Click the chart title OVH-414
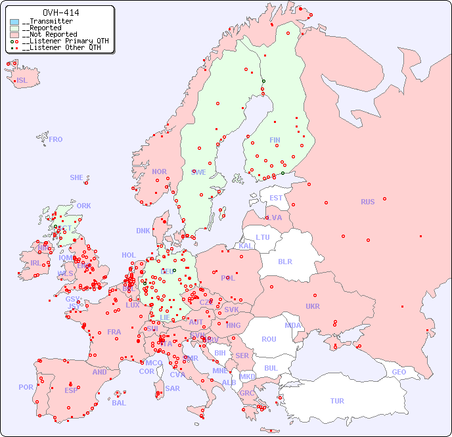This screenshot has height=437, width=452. (60, 12)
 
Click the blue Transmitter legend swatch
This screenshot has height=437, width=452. (14, 22)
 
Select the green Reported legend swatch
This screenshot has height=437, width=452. (14, 28)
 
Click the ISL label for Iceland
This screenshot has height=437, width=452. (22, 81)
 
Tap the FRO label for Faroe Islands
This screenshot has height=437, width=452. (56, 139)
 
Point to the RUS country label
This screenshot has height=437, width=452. (367, 202)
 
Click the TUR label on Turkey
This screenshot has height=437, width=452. (337, 401)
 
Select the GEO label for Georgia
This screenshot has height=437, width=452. (399, 372)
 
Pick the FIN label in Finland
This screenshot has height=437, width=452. (275, 140)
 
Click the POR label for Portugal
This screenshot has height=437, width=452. (26, 387)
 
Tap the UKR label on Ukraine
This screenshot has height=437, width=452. (312, 306)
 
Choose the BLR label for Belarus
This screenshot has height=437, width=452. (284, 261)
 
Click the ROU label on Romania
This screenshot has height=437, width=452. (269, 339)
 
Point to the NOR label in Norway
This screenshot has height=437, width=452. (159, 172)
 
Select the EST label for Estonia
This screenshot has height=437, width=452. (276, 198)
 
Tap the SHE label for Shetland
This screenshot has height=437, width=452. (77, 177)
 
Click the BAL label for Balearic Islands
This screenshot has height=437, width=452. (119, 403)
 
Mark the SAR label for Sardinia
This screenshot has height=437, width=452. (172, 388)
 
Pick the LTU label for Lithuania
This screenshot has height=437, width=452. (263, 237)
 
